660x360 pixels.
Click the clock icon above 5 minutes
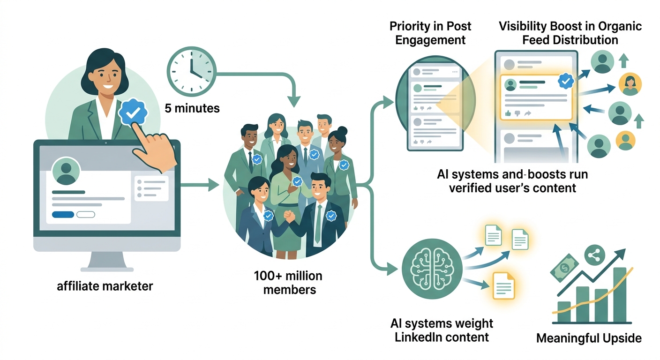[x=192, y=72]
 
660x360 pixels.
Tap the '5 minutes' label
[x=192, y=108]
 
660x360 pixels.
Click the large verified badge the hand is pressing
[x=133, y=112]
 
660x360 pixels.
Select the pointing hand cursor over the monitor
[x=153, y=149]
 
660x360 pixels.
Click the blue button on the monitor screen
[x=63, y=215]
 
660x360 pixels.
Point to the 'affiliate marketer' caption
[x=105, y=286]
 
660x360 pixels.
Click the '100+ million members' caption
[x=288, y=283]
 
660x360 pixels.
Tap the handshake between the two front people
[x=289, y=217]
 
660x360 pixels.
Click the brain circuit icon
[x=432, y=269]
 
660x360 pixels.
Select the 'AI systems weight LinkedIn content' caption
[x=442, y=330]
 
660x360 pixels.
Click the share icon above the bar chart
[x=594, y=255]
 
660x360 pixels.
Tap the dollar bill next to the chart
[x=564, y=268]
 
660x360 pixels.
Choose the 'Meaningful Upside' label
[x=589, y=338]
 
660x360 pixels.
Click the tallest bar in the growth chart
[x=620, y=294]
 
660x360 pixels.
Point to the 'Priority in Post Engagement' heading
[x=430, y=33]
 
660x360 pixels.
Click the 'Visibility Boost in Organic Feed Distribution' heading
[x=570, y=33]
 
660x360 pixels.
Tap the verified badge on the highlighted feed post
[x=566, y=81]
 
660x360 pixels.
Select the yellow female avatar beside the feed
[x=630, y=84]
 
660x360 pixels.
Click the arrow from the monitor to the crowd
[x=200, y=185]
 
